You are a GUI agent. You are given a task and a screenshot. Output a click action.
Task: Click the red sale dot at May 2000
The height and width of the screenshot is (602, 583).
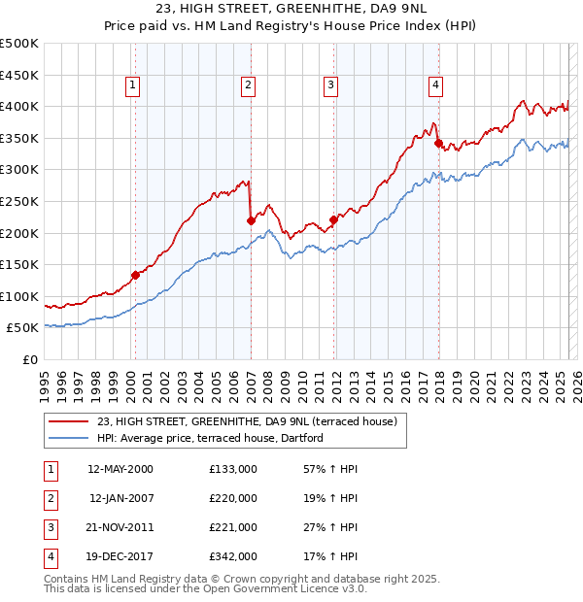pyautogui.click(x=135, y=275)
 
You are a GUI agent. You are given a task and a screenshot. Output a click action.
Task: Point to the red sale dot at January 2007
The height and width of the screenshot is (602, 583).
pyautogui.click(x=251, y=220)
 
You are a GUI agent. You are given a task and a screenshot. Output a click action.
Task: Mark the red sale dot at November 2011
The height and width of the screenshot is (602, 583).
pyautogui.click(x=334, y=219)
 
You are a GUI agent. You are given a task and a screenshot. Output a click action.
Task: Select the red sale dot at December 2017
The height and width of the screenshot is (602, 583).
pyautogui.click(x=438, y=143)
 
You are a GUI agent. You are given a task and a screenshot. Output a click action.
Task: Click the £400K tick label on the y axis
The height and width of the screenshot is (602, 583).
pyautogui.click(x=20, y=107)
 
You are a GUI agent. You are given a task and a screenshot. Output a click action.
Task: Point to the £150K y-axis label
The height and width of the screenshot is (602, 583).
pyautogui.click(x=20, y=264)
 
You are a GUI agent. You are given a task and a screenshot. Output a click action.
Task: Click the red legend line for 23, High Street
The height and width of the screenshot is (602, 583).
pyautogui.click(x=68, y=422)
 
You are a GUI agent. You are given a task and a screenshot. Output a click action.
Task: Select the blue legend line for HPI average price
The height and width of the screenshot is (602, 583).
pyautogui.click(x=68, y=439)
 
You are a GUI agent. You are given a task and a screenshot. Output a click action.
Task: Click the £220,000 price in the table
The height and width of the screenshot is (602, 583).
pyautogui.click(x=233, y=498)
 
